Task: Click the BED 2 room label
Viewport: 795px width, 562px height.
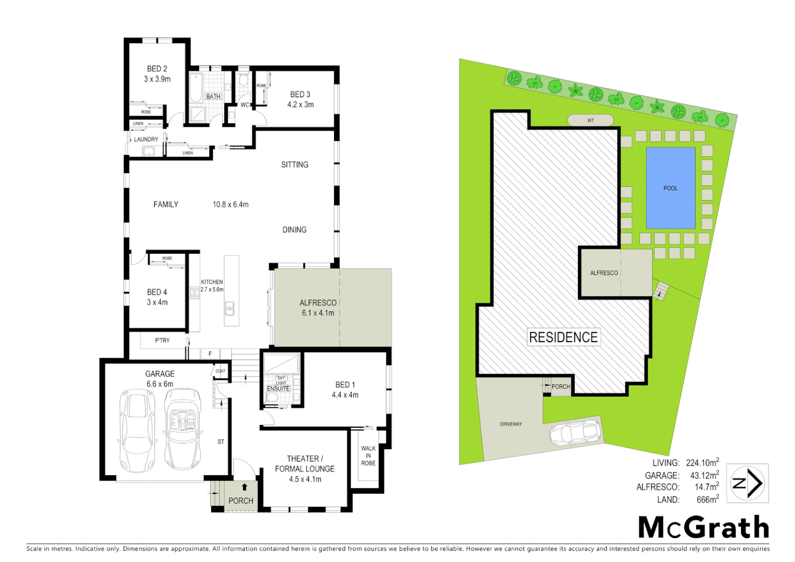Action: (157, 69)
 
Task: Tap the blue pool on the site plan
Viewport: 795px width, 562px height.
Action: (670, 188)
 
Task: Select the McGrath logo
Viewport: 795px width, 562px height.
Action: (703, 528)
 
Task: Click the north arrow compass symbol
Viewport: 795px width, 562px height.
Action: (747, 483)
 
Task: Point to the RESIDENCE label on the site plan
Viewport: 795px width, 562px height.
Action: (563, 337)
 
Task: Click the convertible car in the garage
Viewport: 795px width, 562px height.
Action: (182, 430)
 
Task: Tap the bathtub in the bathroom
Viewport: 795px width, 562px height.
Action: (196, 87)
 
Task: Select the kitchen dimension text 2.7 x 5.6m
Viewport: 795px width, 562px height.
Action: (212, 289)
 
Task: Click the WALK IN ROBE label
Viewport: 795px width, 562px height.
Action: (368, 455)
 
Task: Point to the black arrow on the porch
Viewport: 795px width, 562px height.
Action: (244, 487)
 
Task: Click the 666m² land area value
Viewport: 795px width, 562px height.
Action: (707, 499)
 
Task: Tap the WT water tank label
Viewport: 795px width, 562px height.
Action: (591, 120)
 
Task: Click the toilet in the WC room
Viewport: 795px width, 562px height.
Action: (243, 80)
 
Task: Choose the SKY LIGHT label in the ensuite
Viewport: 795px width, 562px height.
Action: (281, 380)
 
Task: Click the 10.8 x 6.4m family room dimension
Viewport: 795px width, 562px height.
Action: (230, 205)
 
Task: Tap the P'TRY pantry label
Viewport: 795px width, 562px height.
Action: (162, 340)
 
